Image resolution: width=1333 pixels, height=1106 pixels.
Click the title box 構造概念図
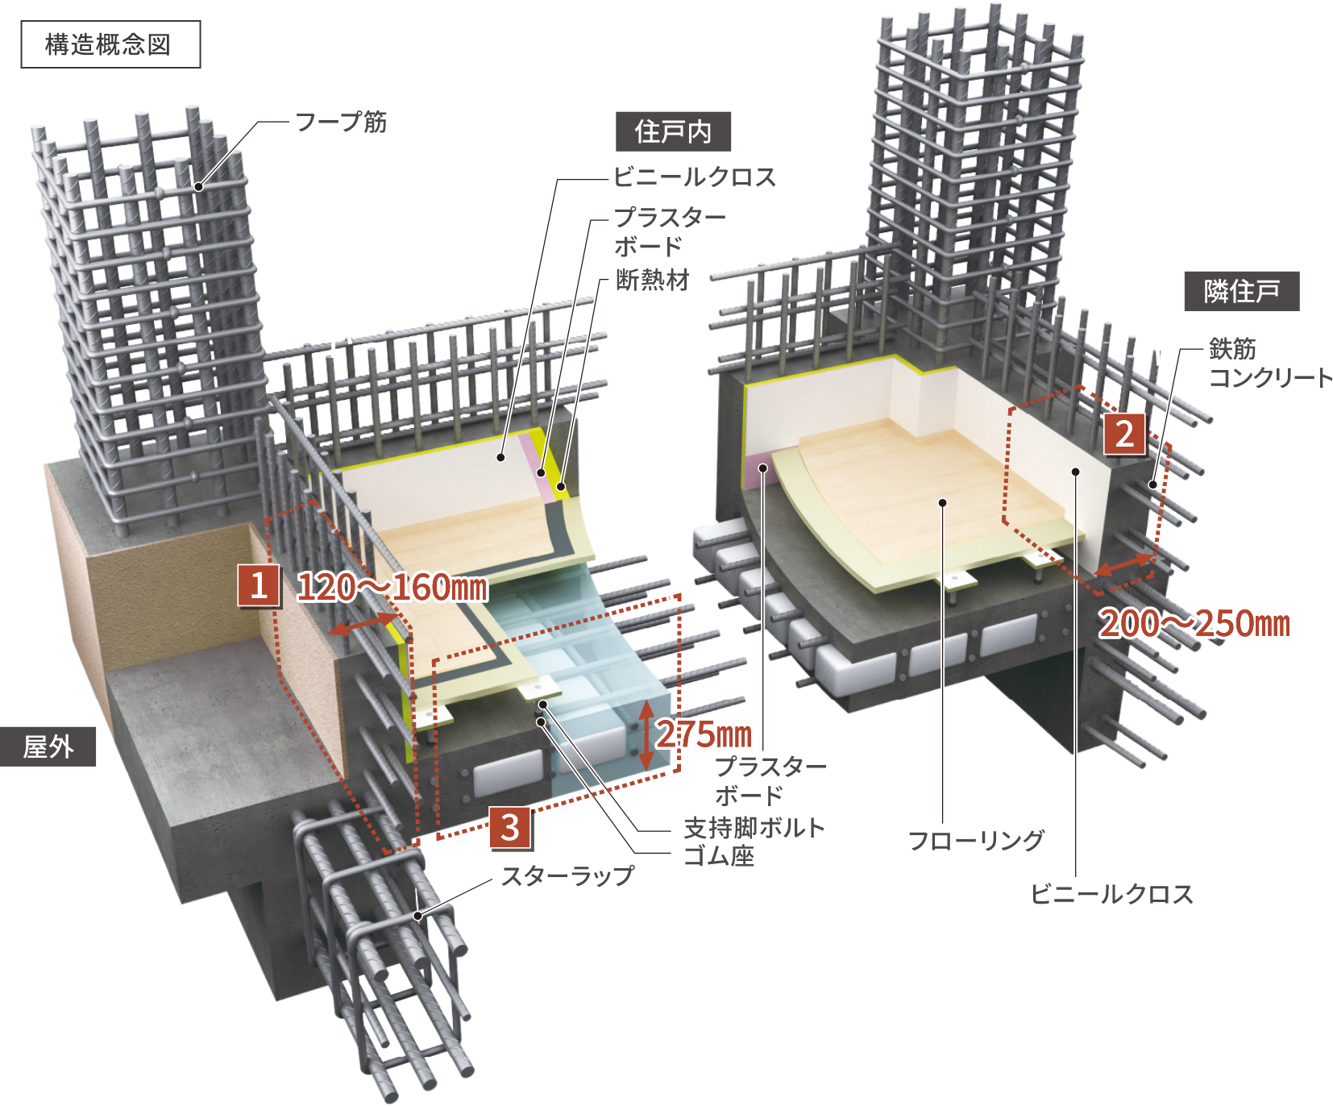(110, 44)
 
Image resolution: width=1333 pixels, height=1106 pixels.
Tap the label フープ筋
(342, 122)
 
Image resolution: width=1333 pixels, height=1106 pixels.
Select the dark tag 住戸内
(673, 131)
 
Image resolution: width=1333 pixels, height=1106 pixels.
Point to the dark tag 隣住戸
(1242, 291)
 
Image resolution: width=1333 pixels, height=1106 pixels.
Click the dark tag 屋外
(48, 746)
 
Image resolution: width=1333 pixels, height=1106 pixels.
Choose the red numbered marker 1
(259, 585)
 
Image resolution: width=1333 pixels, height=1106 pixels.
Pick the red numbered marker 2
(1124, 434)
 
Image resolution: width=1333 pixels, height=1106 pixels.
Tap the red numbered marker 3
(510, 828)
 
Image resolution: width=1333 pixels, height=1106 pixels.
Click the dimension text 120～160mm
(392, 587)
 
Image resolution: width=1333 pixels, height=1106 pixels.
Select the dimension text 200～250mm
(1194, 623)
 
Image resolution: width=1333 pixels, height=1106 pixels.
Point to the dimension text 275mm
(704, 734)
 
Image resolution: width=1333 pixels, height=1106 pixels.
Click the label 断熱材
(653, 280)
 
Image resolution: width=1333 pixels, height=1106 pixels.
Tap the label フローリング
(976, 841)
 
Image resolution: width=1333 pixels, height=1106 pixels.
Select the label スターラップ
(568, 875)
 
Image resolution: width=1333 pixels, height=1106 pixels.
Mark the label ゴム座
(719, 855)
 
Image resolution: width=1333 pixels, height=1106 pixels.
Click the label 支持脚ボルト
(754, 827)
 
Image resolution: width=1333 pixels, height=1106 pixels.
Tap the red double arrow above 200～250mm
(1125, 563)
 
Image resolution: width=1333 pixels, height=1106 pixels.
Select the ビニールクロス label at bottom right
(1112, 894)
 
